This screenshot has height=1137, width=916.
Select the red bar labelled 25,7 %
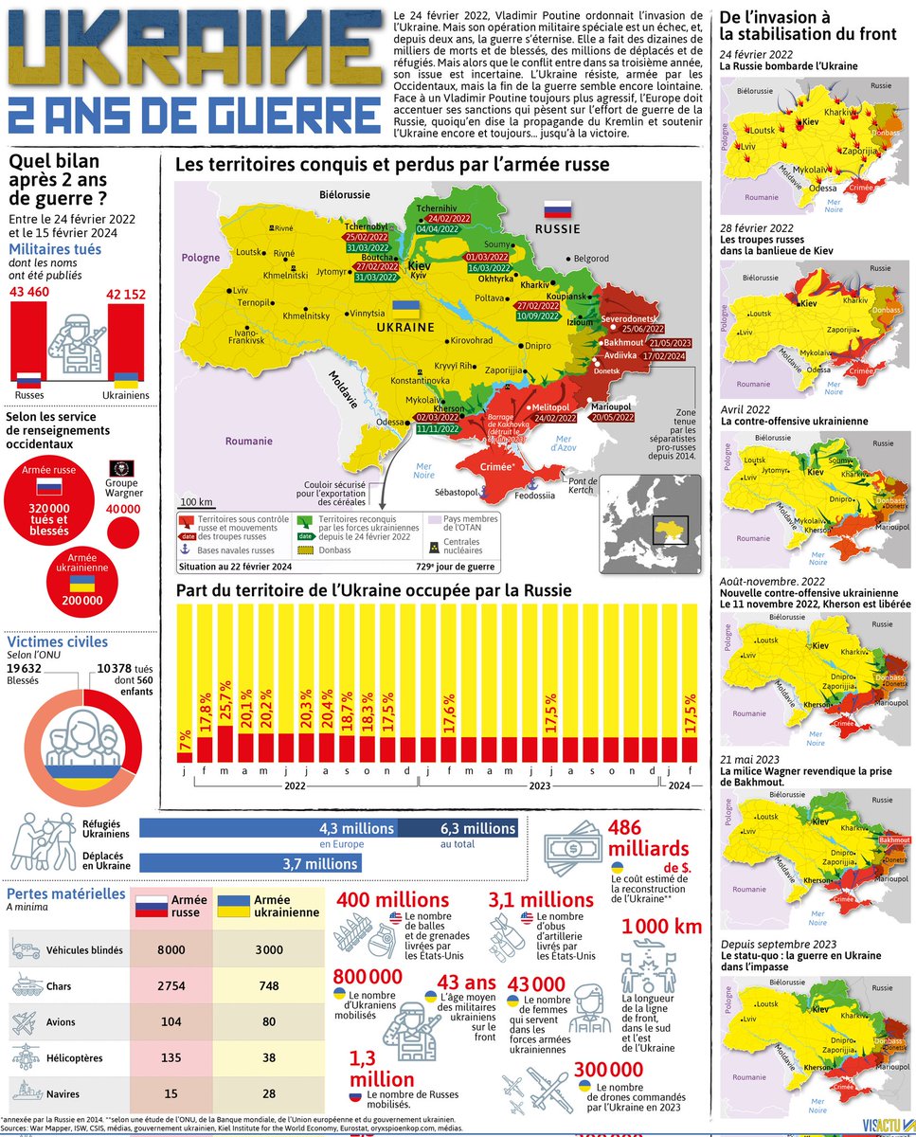[225, 743]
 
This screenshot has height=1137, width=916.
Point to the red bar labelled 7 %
[184, 757]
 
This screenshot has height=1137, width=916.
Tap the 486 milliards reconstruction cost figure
[648, 838]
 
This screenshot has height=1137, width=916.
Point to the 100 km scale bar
[196, 500]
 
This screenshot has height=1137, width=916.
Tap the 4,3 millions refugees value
[356, 828]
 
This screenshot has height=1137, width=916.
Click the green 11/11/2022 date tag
[439, 428]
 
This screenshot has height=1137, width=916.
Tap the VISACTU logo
[883, 1126]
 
